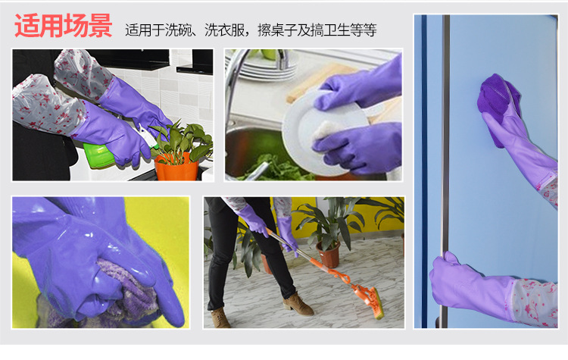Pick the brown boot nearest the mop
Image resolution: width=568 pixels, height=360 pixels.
[298, 304]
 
